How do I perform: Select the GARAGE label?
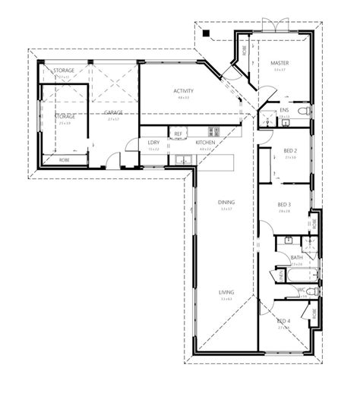[x=114, y=112]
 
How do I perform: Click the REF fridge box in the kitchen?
[x=178, y=134]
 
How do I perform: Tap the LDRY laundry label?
[x=153, y=143]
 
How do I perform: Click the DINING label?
[x=226, y=203]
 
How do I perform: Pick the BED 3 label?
[x=284, y=205]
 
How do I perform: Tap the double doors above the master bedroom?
[x=270, y=23]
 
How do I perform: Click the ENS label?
[x=284, y=111]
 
